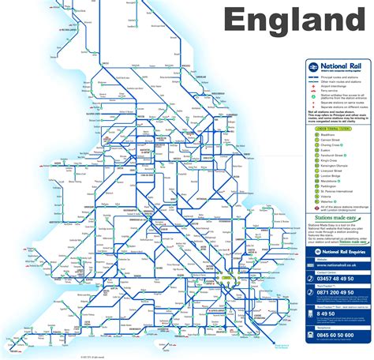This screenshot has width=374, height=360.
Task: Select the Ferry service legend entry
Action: point(328,91)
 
